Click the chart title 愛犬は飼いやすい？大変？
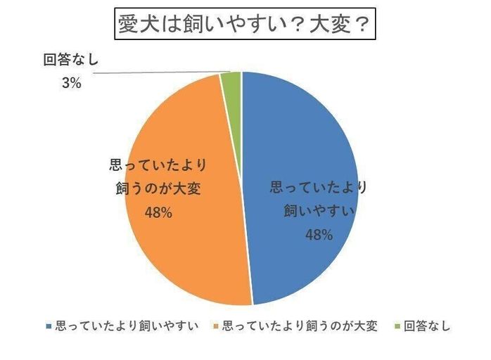click(245, 26)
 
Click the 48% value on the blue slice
click(318, 235)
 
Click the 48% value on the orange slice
click(158, 212)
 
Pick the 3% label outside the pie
click(71, 84)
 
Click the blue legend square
click(48, 327)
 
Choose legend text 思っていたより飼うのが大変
click(300, 326)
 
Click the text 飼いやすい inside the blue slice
click(319, 211)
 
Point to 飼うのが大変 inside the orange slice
click(158, 189)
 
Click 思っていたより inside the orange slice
click(158, 166)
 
